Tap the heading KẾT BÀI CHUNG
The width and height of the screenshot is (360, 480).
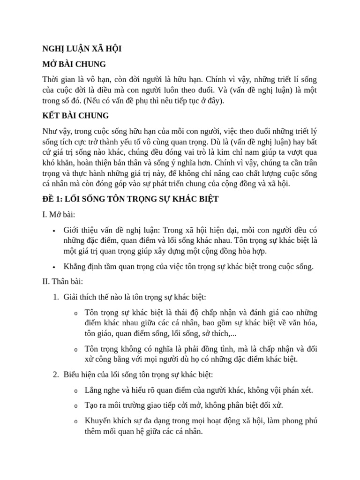pos(75,115)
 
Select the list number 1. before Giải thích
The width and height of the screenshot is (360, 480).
pos(55,297)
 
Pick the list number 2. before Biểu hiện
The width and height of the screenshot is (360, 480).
pos(55,375)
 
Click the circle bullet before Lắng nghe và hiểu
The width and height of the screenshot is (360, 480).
pos(76,391)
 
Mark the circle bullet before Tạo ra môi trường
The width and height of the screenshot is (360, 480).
pos(76,406)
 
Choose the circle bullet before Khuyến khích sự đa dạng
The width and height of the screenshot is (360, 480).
pos(76,422)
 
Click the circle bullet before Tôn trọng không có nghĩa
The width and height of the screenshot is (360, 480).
pos(76,349)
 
